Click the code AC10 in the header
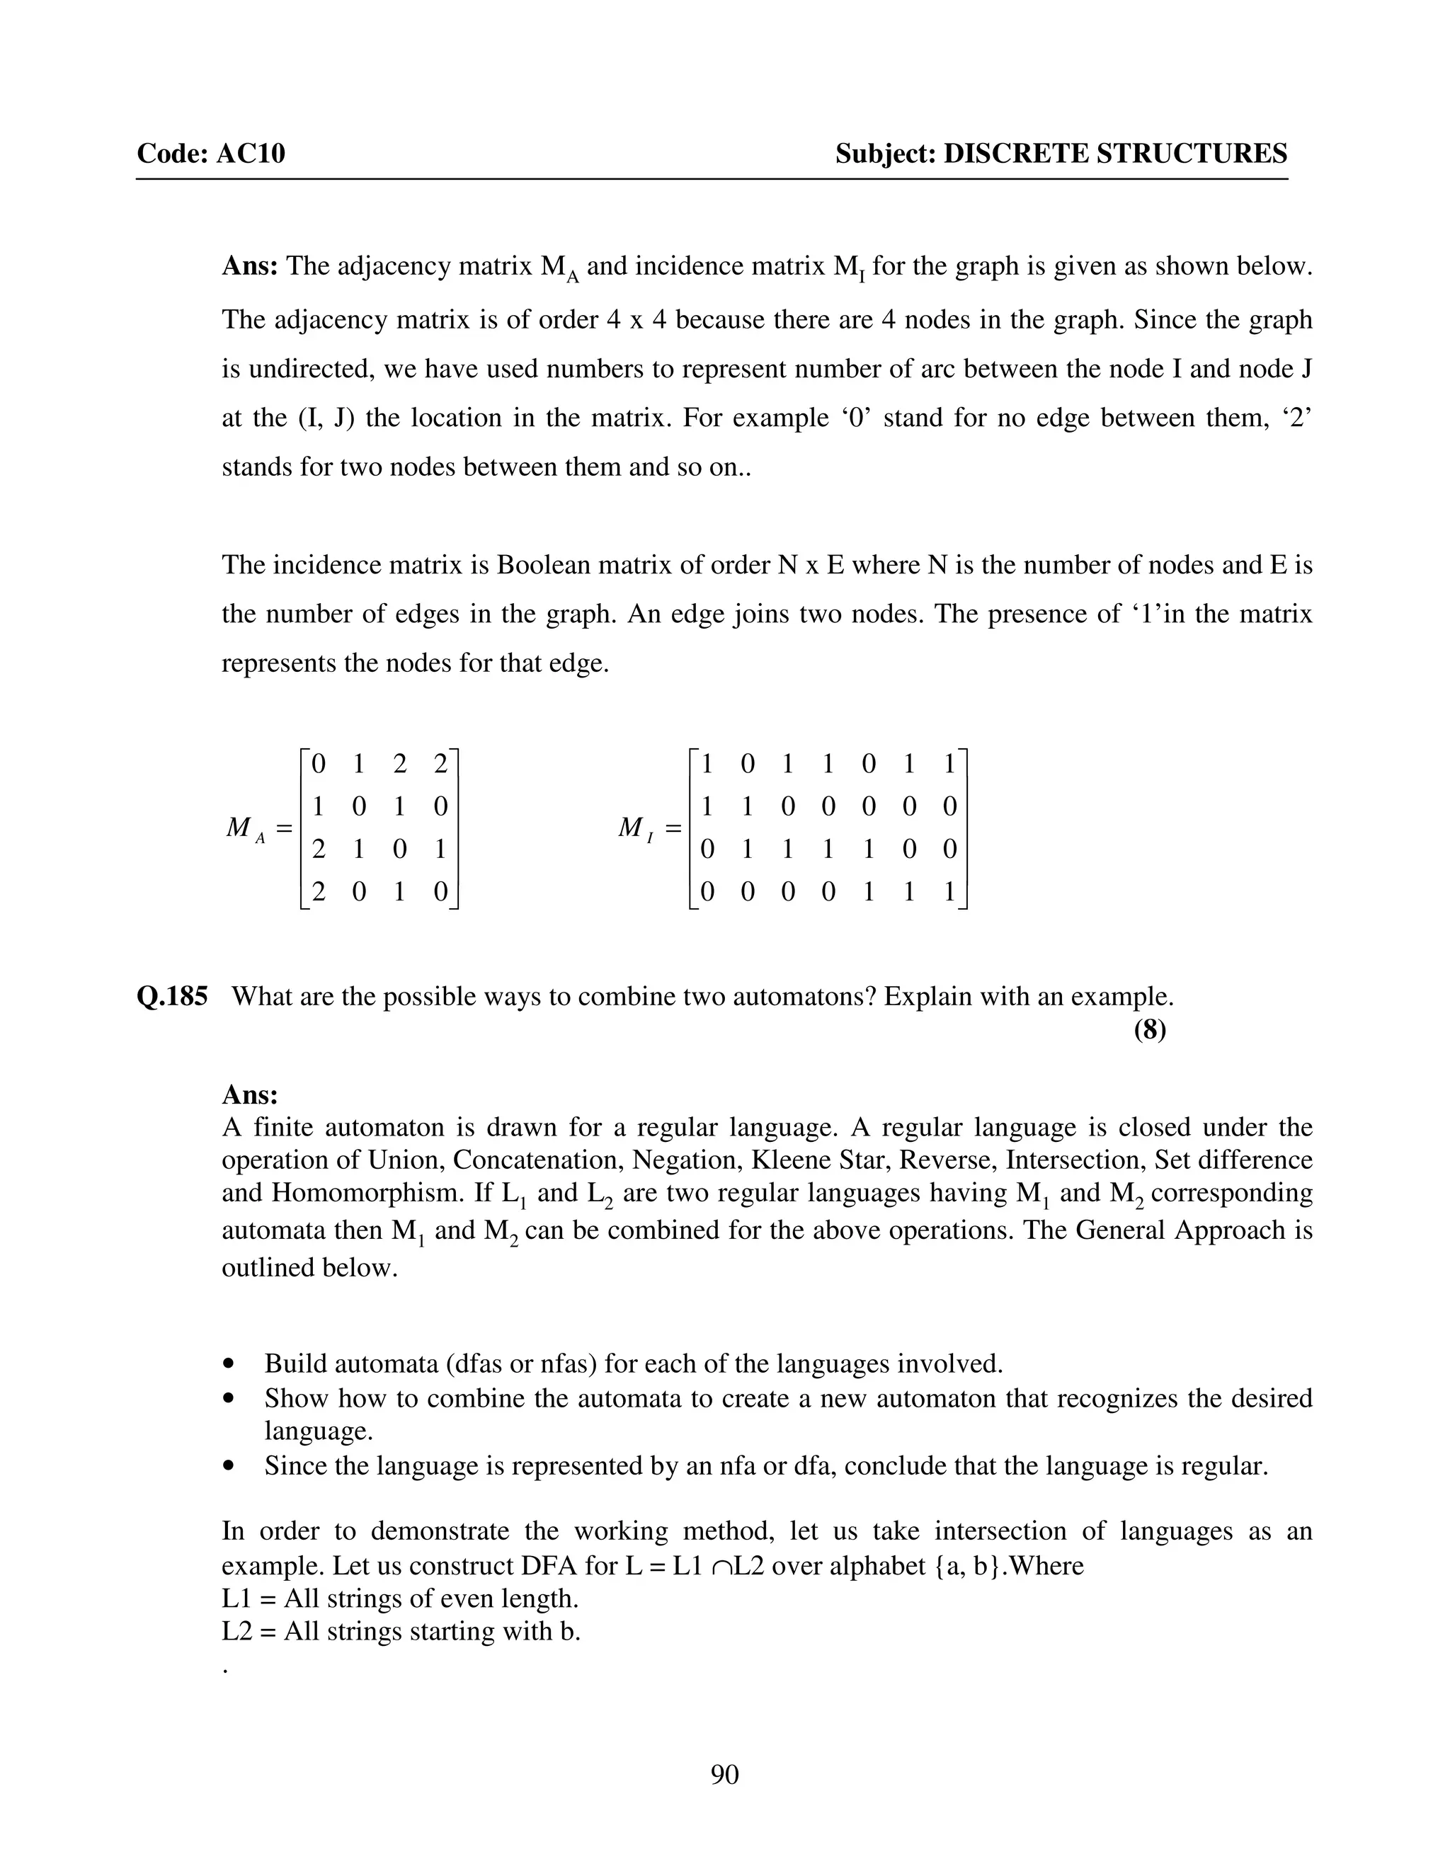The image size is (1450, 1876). [x=250, y=154]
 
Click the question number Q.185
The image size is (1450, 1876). [x=172, y=997]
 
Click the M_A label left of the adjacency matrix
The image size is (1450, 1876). [x=246, y=829]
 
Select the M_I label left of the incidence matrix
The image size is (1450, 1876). [x=636, y=829]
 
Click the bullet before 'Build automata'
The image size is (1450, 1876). [x=228, y=1364]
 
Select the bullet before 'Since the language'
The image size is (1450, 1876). [x=228, y=1466]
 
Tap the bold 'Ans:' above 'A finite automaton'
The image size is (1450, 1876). [x=250, y=1094]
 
